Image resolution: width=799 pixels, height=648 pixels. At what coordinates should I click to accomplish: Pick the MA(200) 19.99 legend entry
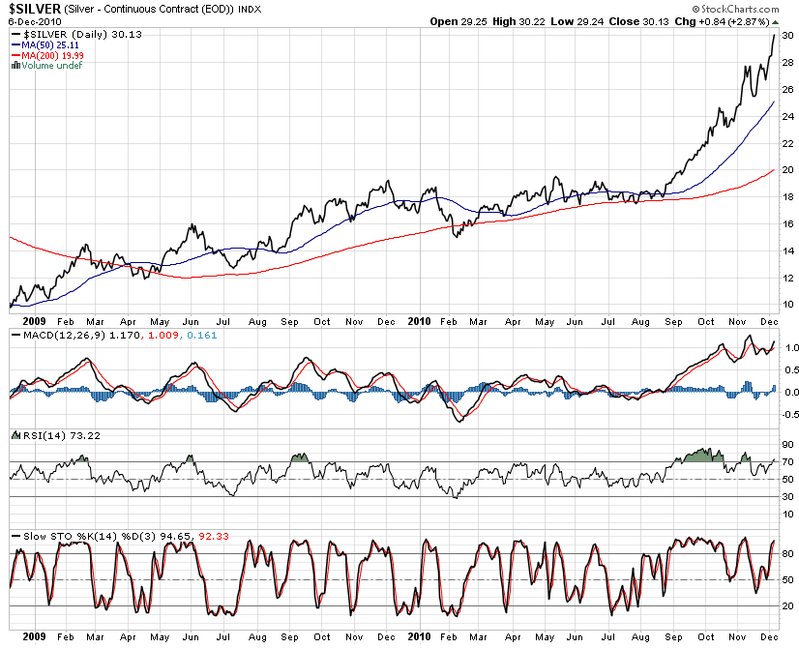click(51, 55)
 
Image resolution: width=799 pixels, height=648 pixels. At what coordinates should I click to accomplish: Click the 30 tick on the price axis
click(788, 36)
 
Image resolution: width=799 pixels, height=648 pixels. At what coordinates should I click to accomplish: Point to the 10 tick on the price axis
click(788, 305)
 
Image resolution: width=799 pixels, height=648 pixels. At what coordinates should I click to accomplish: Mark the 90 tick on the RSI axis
click(788, 444)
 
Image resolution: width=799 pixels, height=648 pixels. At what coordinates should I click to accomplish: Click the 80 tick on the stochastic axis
click(788, 554)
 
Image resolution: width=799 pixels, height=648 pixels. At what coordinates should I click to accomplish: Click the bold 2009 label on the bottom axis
click(22, 637)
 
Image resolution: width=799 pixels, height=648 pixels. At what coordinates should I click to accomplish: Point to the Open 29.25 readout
click(458, 20)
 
